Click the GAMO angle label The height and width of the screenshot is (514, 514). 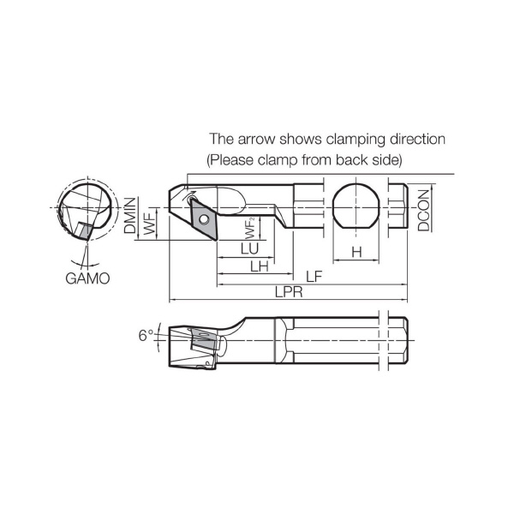(87, 278)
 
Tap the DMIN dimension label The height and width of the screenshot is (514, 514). (130, 215)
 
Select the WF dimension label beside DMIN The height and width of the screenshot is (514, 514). (151, 224)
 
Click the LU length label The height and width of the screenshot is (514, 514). (250, 248)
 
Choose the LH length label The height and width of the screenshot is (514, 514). (260, 266)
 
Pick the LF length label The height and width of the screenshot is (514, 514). (314, 277)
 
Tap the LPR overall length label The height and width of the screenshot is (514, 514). (289, 292)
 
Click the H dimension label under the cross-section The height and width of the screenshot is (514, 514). (356, 252)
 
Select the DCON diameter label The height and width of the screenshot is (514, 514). (423, 210)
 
